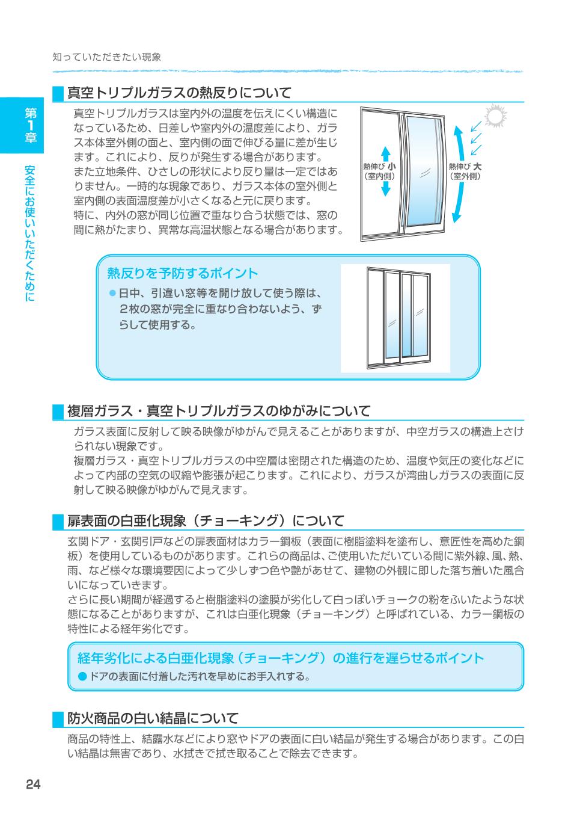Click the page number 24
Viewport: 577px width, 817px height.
[x=33, y=784]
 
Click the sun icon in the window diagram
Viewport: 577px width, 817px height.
[x=496, y=117]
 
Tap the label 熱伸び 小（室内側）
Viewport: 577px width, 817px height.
[x=379, y=171]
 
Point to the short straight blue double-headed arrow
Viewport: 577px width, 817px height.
[x=386, y=171]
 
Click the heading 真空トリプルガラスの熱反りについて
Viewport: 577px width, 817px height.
[x=179, y=93]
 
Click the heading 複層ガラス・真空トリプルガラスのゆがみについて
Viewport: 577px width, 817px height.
[x=219, y=411]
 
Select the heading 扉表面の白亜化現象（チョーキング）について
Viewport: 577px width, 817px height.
[x=206, y=520]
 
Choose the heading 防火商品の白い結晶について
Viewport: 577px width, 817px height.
[x=153, y=718]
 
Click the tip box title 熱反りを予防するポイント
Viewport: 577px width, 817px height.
[x=182, y=273]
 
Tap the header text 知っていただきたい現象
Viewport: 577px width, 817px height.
[x=107, y=57]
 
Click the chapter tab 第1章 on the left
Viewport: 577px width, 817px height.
[x=31, y=125]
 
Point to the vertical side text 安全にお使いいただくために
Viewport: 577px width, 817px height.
[x=31, y=232]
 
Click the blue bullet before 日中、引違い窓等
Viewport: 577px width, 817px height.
[x=112, y=294]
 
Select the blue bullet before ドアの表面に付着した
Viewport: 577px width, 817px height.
[x=82, y=677]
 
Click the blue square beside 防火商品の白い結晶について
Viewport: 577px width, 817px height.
[x=58, y=718]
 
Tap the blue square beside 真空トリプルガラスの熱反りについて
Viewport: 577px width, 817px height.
[x=58, y=93]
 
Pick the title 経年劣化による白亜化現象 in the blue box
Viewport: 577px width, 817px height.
[x=281, y=658]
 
